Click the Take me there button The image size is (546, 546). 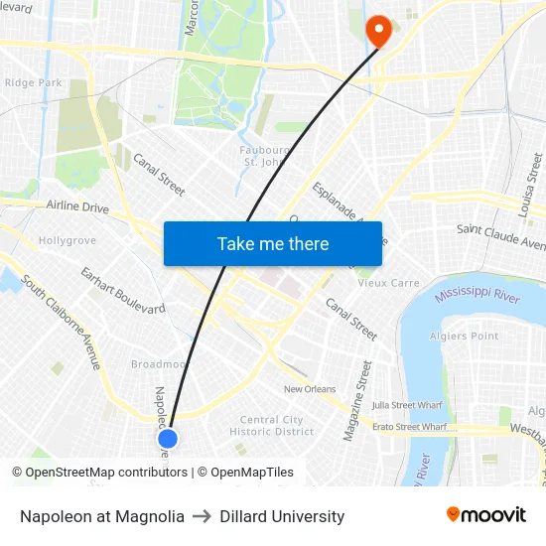click(273, 243)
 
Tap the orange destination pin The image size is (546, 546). click(378, 31)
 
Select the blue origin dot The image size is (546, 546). click(168, 438)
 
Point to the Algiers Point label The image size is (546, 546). click(465, 337)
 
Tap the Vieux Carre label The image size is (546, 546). click(388, 283)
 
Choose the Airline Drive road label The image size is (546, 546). click(77, 207)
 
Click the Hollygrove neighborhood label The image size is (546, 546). click(67, 240)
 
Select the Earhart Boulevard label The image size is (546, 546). click(123, 290)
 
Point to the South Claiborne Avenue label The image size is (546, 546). click(61, 322)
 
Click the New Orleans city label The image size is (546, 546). click(310, 389)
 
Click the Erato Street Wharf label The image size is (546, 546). click(409, 427)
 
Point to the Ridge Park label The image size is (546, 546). click(34, 83)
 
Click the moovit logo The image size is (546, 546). click(485, 515)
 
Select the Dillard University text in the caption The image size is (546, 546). click(282, 516)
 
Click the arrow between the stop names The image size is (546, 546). click(203, 516)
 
